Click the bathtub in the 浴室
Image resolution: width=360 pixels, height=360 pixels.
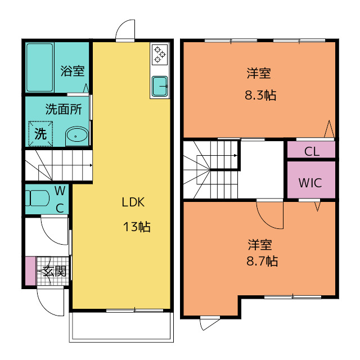click(40, 67)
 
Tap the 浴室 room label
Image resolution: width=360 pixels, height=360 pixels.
click(73, 71)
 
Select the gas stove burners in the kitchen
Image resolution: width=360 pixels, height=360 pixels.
click(160, 55)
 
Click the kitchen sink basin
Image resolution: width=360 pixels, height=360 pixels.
click(160, 86)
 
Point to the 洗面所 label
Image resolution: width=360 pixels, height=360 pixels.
click(64, 109)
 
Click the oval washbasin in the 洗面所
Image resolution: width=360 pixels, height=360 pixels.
click(77, 136)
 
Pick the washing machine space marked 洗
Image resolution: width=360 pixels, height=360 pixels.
click(40, 134)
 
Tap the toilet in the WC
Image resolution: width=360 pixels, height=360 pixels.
click(37, 198)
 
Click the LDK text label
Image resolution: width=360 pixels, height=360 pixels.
click(133, 202)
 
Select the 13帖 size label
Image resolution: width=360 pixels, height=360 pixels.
click(137, 227)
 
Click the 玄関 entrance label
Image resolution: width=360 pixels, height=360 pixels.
click(55, 271)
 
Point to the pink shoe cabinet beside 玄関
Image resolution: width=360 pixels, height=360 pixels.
click(30, 271)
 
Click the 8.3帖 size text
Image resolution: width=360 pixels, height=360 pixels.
click(260, 95)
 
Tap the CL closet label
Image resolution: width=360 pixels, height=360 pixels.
click(312, 151)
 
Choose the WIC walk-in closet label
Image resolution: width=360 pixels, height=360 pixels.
click(310, 183)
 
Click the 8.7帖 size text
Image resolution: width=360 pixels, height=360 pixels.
click(262, 261)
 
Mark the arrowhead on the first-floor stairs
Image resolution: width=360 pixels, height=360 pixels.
click(91, 165)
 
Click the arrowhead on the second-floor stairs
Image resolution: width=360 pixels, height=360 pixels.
click(236, 155)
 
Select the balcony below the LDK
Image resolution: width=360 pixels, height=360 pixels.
click(121, 327)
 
